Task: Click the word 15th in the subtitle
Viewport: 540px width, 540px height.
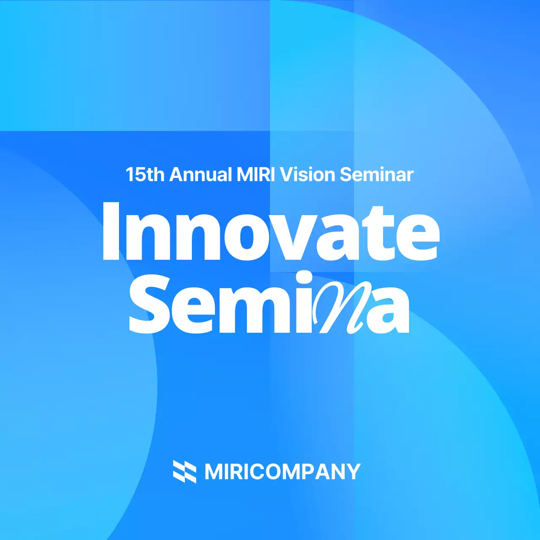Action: coord(145,175)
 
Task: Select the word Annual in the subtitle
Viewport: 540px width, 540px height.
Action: coord(200,175)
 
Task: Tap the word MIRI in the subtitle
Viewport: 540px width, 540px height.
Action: coord(256,175)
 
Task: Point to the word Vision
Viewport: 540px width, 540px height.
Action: coord(308,175)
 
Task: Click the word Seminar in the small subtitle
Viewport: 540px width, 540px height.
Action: coord(377,175)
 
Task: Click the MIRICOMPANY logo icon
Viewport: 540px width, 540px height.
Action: coord(184,471)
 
